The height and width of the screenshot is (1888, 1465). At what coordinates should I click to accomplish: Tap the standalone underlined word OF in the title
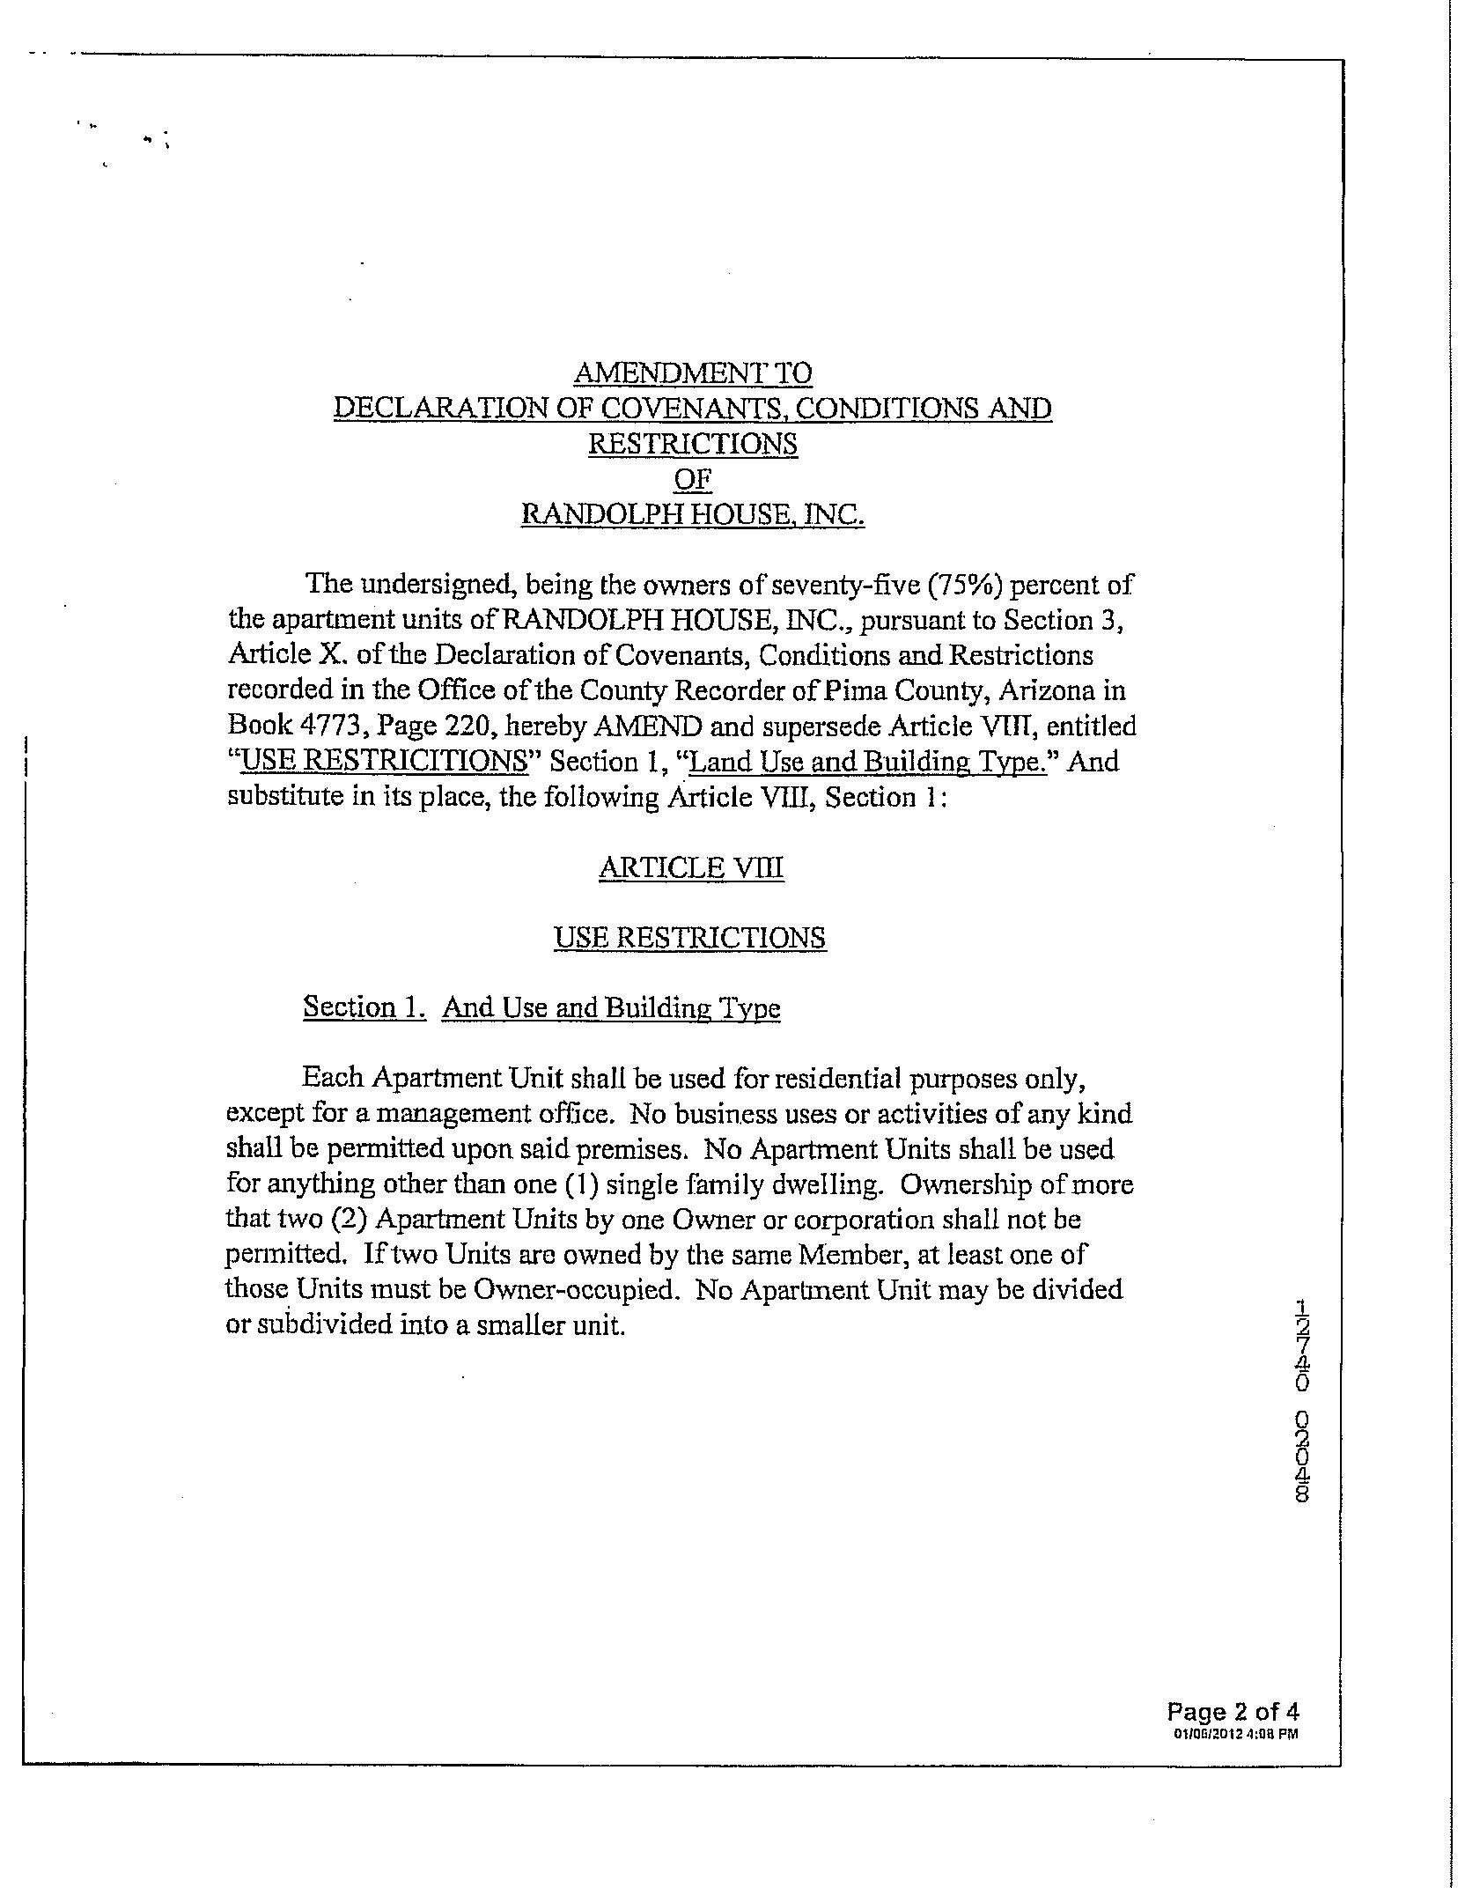coord(692,479)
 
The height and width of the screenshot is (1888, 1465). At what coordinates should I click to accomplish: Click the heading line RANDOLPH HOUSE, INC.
coord(692,514)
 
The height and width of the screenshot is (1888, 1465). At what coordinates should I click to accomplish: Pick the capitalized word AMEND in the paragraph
coord(649,726)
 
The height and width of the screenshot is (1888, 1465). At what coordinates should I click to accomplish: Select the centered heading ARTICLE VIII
coord(691,867)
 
